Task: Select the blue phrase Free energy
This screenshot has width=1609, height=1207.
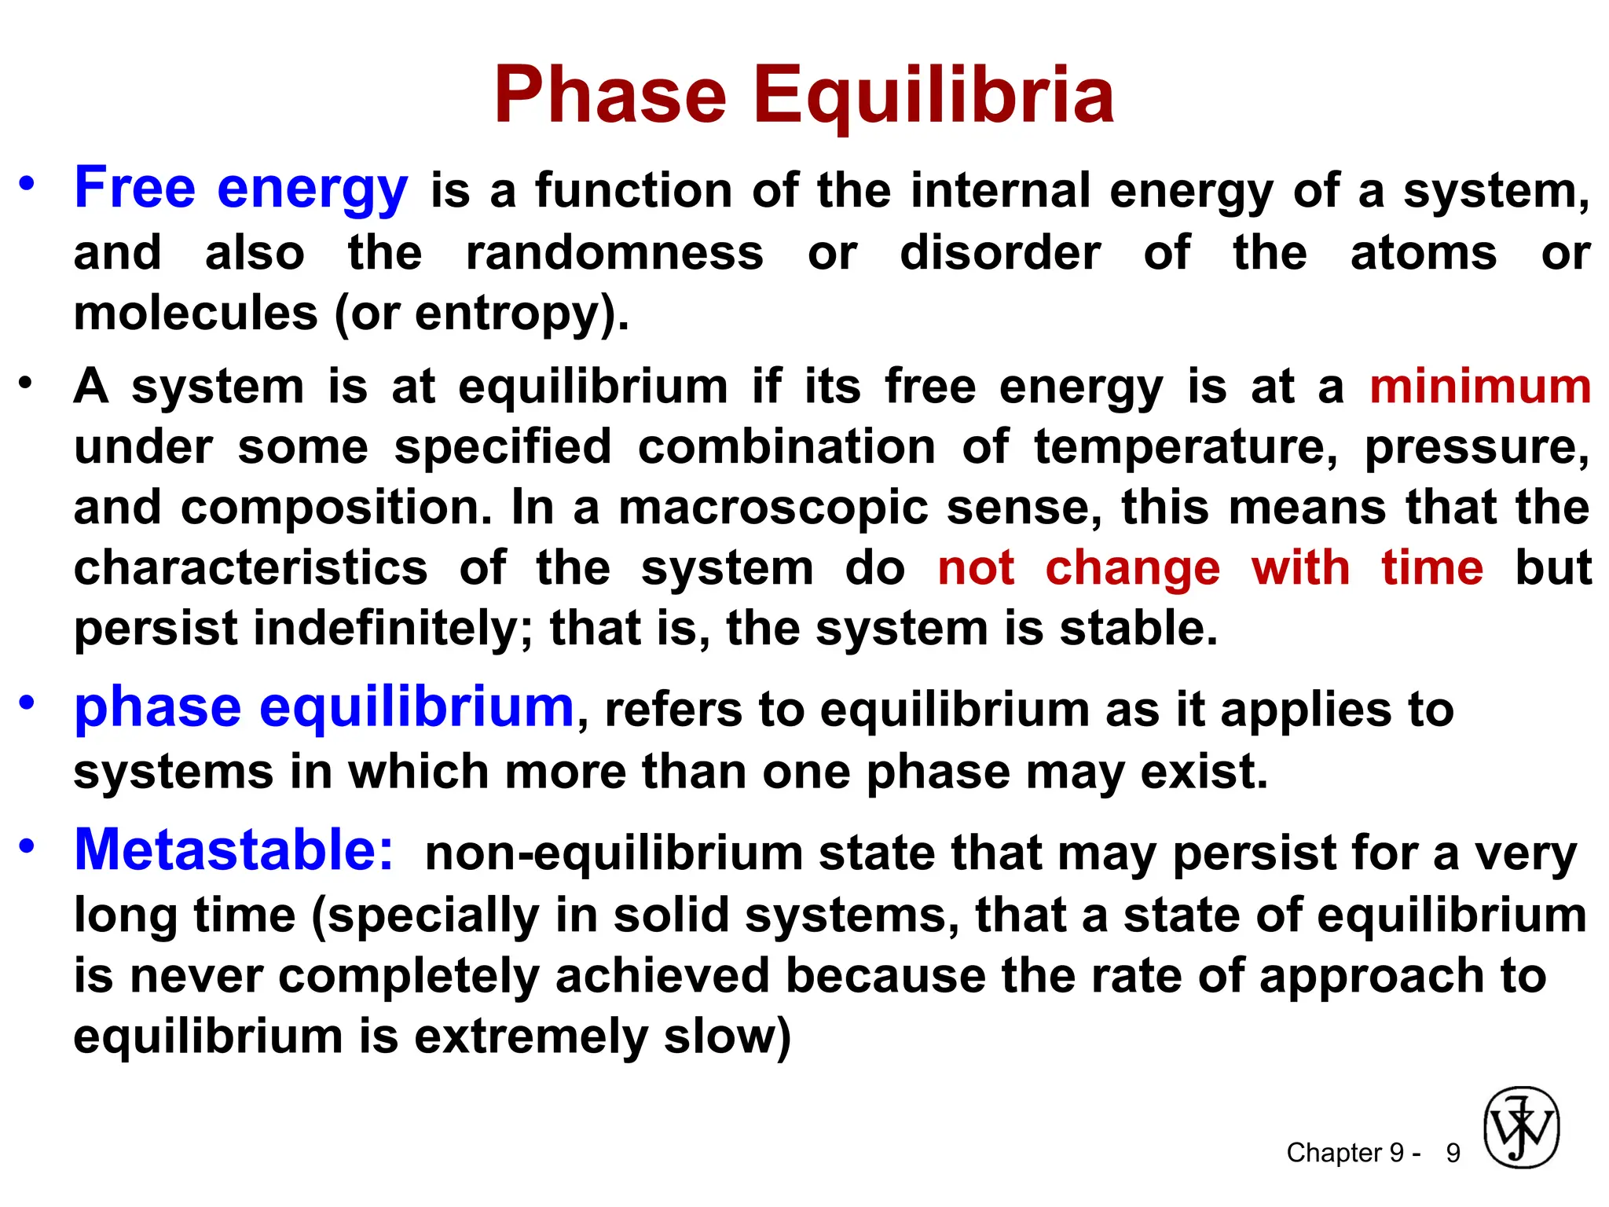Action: (x=240, y=189)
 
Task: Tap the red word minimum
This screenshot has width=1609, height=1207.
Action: (x=1480, y=387)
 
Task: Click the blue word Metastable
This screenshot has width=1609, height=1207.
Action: (x=233, y=850)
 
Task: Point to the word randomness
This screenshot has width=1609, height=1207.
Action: (x=614, y=253)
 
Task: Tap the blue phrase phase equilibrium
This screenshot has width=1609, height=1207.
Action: (x=324, y=707)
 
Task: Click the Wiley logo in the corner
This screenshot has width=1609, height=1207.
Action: (x=1521, y=1128)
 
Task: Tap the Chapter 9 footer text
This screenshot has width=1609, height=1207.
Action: (x=1353, y=1153)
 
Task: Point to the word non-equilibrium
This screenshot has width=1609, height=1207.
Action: (x=613, y=854)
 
